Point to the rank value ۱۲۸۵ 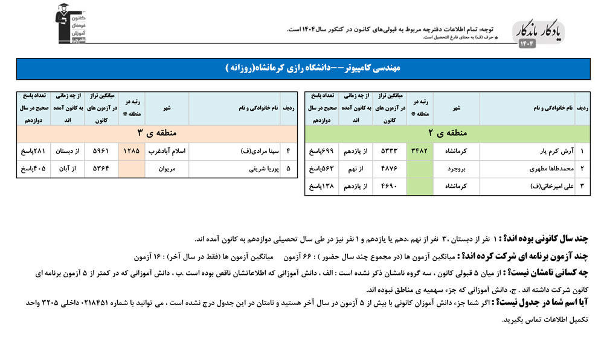click(132, 150)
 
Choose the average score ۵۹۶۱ click(101, 150)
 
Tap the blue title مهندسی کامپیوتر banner click(303, 69)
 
